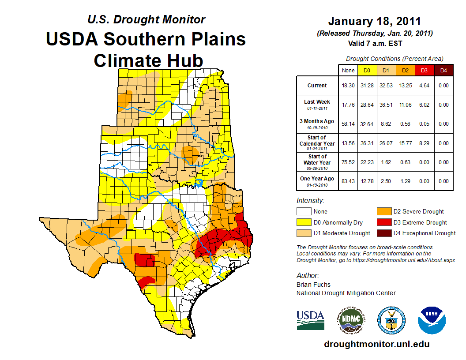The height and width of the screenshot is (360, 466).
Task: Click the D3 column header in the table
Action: point(424,70)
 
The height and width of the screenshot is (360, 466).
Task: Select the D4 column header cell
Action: point(443,70)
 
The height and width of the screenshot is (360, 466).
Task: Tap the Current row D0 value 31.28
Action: point(367,86)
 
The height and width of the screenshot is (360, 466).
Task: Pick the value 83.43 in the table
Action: point(348,181)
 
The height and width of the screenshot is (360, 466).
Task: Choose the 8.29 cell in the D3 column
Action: point(424,143)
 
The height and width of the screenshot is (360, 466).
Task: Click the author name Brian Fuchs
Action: point(313,285)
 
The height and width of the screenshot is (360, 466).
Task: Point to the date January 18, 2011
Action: point(374,21)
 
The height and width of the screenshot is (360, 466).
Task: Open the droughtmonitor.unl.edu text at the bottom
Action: point(376,344)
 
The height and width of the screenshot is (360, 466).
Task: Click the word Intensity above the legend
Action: point(310,201)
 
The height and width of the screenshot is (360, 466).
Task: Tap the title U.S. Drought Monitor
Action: point(146,20)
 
